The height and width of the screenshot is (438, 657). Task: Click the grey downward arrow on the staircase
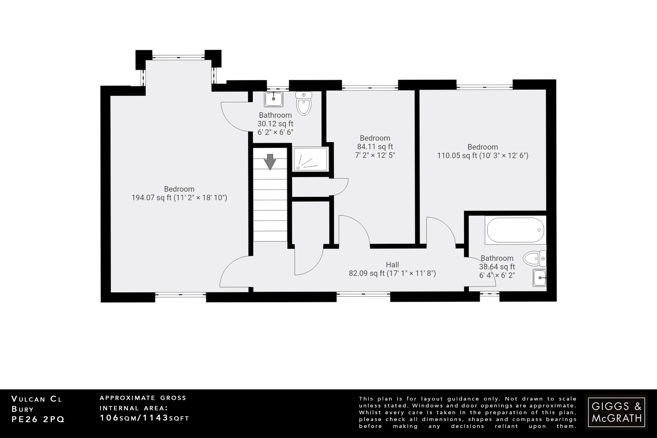coord(270,161)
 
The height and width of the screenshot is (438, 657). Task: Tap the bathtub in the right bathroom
coord(515,230)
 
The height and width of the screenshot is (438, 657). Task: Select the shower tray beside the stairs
coord(310,159)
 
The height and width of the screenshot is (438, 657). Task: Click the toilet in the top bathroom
coord(304,103)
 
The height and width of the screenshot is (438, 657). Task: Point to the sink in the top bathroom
coord(274,99)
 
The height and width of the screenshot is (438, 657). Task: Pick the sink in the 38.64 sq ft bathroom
coord(540,278)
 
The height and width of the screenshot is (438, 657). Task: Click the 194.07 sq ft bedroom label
coord(179,193)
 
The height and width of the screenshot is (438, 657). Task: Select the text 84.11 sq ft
coord(375,147)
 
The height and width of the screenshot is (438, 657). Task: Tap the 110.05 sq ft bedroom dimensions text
coord(482,156)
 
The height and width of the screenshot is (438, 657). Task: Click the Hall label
coord(392,265)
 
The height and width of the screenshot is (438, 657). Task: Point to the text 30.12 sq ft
coord(275,124)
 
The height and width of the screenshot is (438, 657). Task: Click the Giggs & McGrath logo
coord(616,412)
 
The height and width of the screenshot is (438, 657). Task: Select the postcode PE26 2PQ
coord(38,419)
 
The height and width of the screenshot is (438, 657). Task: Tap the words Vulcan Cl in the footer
coord(37,399)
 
